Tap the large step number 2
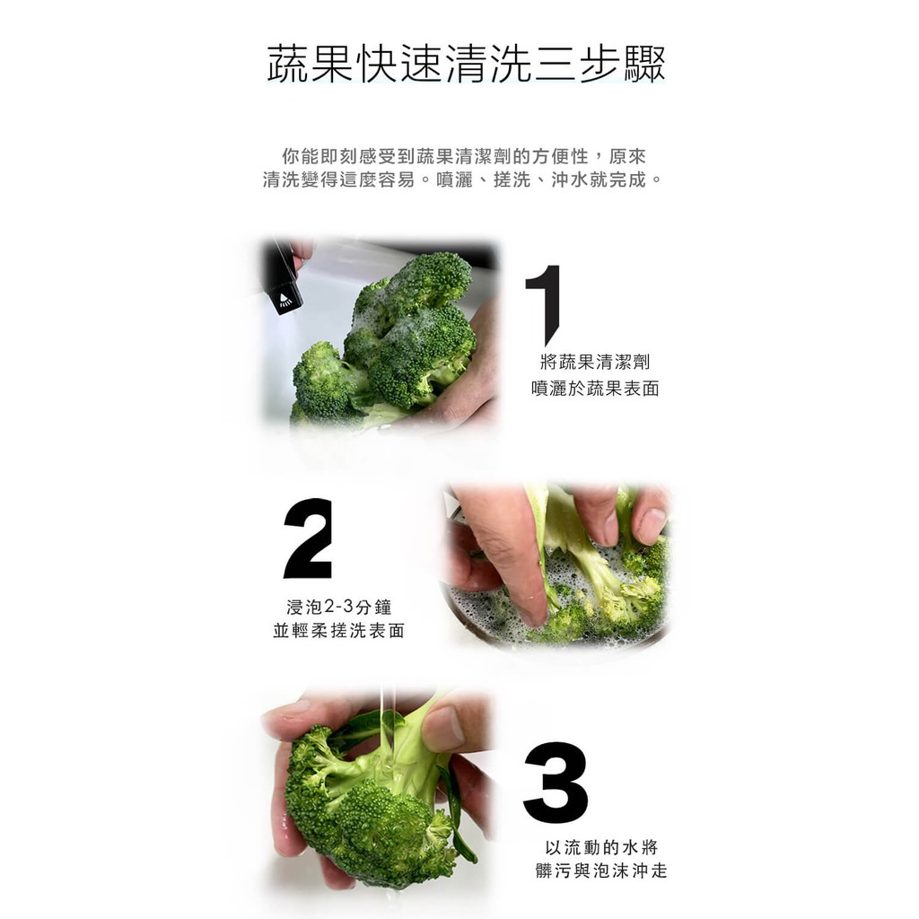[x=308, y=538]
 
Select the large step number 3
[x=556, y=783]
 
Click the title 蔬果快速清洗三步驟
[x=466, y=64]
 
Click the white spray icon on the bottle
[x=284, y=299]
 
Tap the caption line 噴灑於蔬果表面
[x=596, y=388]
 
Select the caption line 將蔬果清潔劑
[x=596, y=362]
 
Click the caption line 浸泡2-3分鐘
[x=338, y=607]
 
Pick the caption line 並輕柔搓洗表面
[x=338, y=631]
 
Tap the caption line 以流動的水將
[x=601, y=847]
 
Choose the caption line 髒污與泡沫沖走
[x=601, y=871]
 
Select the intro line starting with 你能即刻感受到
[x=464, y=156]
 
